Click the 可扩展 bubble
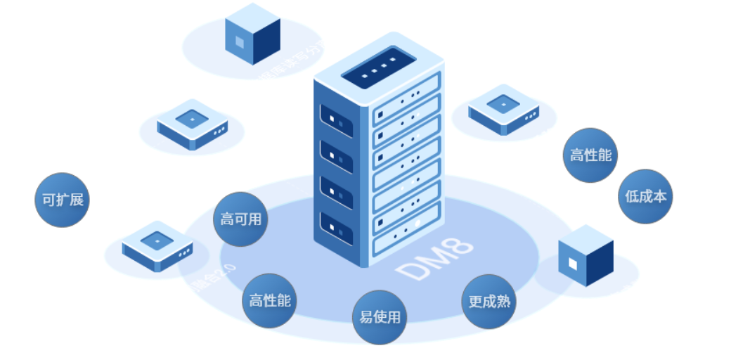[x=62, y=200]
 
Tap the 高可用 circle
[x=240, y=219]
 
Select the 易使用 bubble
[x=380, y=317]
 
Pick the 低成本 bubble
[x=645, y=196]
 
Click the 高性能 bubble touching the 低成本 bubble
[x=590, y=155]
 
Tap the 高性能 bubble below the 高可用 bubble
[x=269, y=301]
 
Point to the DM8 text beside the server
[x=433, y=260]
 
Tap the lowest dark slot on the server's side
[x=336, y=228]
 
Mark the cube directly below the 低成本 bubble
[x=586, y=256]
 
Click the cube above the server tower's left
[x=252, y=34]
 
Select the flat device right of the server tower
[x=503, y=109]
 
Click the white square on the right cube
[x=574, y=264]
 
